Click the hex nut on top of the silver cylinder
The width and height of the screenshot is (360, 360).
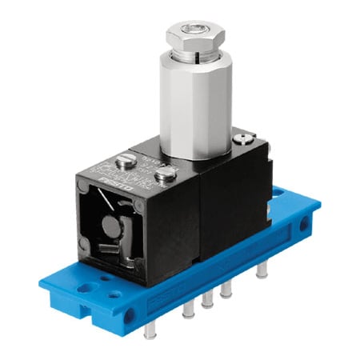pos(194,36)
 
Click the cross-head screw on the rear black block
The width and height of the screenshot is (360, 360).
pos(242,140)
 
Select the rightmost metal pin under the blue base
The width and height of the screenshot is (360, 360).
pos(262,271)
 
